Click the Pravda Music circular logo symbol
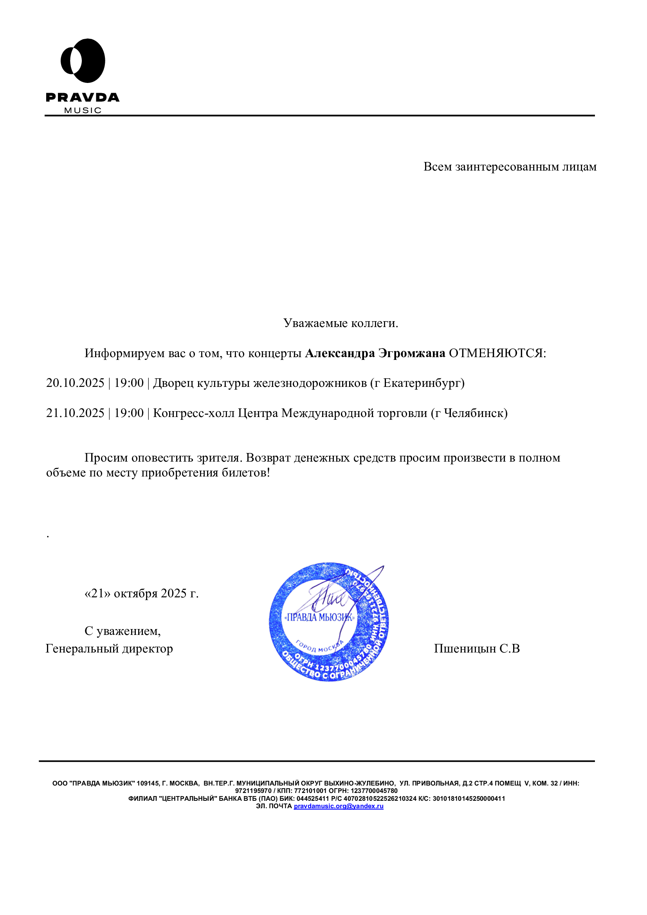tap(83, 61)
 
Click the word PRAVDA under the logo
tap(83, 98)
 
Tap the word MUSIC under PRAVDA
tap(83, 110)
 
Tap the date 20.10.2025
tap(75, 383)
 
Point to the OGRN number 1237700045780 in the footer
tap(374, 791)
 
